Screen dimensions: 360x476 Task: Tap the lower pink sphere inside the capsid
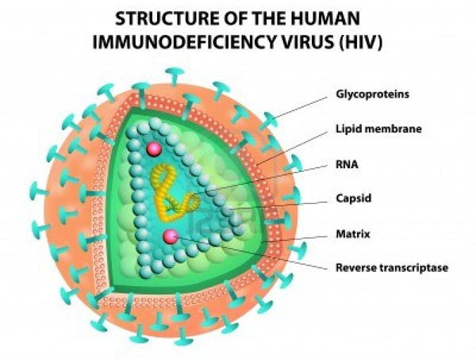tap(169, 236)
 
